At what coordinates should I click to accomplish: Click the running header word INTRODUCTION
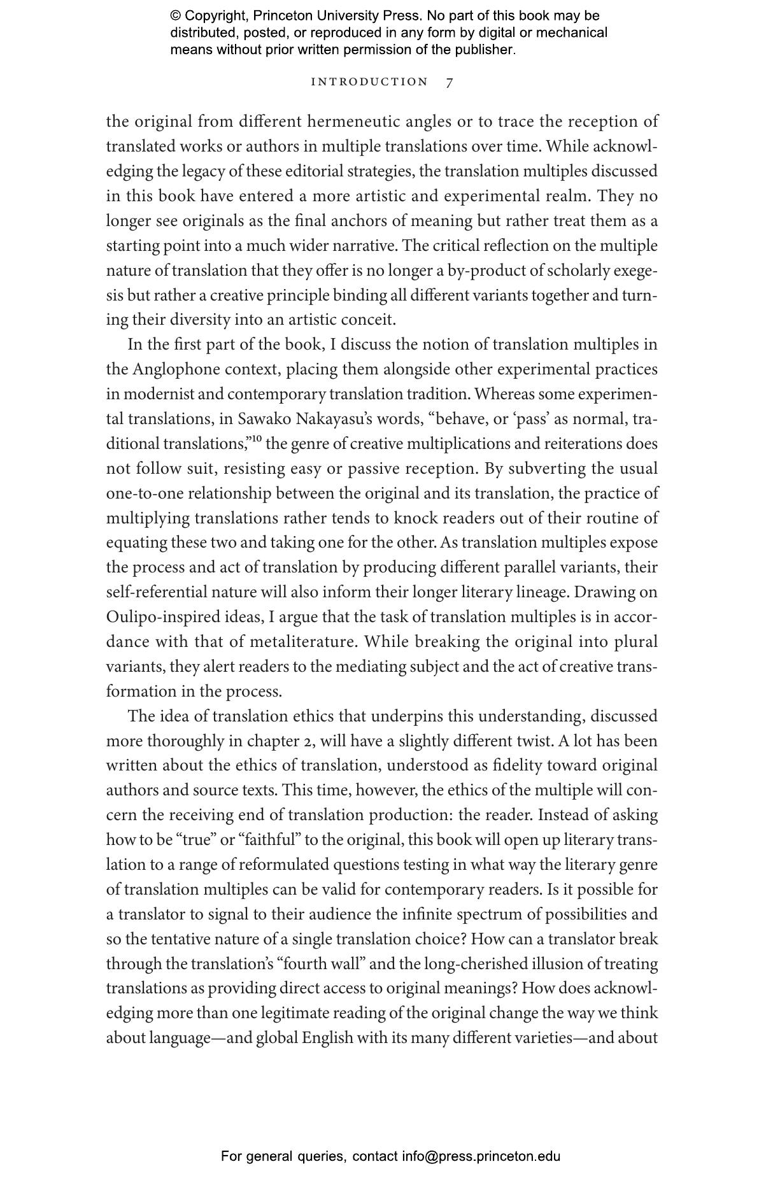point(369,82)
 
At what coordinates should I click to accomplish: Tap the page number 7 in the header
point(450,82)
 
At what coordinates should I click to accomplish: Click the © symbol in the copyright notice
point(176,16)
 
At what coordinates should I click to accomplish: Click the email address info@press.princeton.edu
point(481,1156)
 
